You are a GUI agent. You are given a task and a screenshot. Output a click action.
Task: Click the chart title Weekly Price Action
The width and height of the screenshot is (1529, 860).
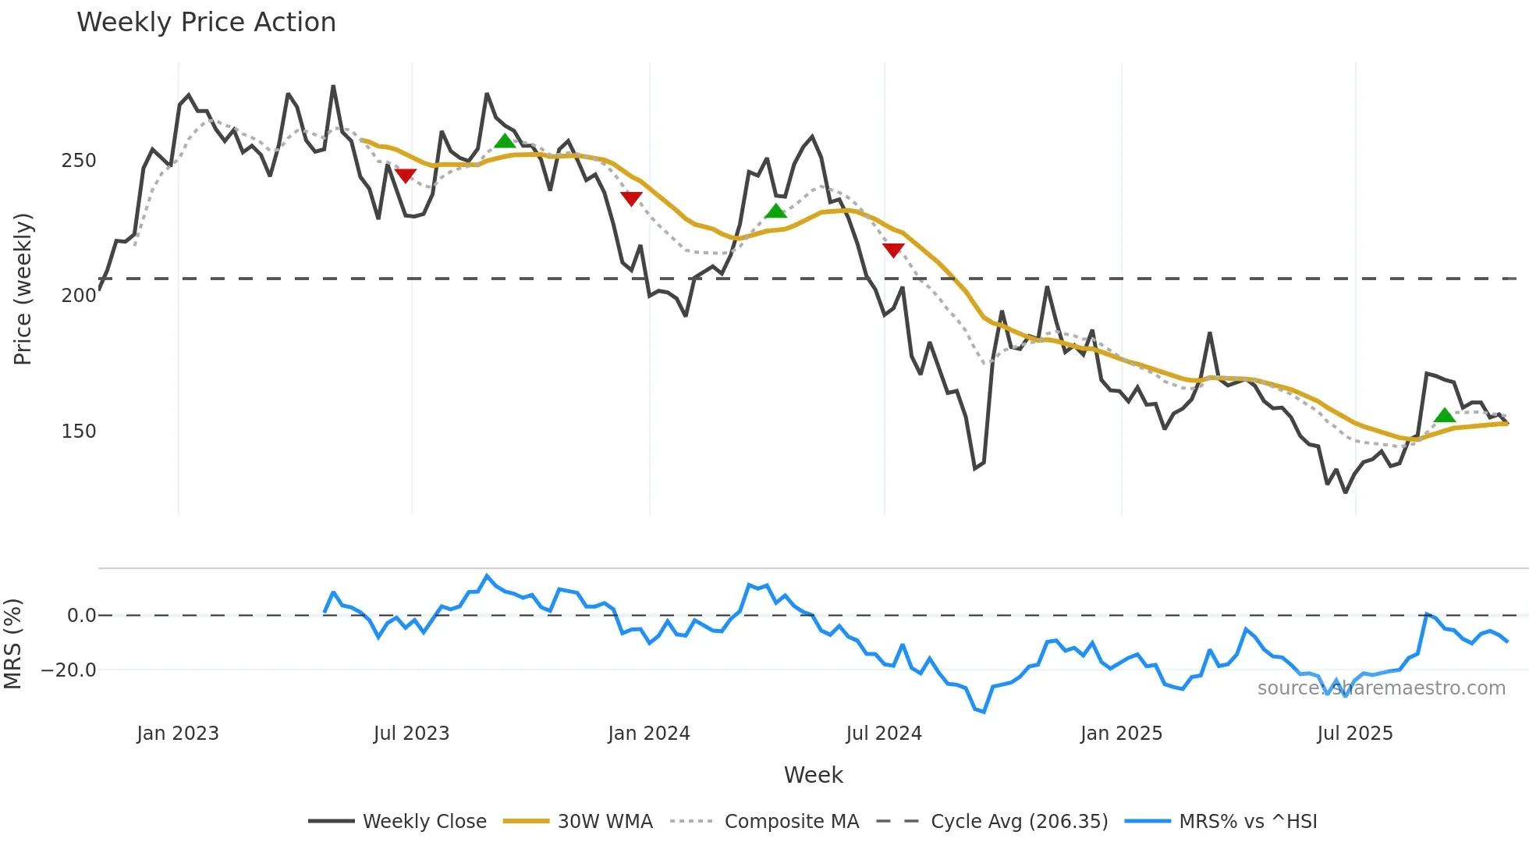point(206,23)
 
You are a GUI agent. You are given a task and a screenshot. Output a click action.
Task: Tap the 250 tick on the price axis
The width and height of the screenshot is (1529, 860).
point(79,161)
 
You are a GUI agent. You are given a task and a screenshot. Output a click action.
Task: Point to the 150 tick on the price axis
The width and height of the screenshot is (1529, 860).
point(79,432)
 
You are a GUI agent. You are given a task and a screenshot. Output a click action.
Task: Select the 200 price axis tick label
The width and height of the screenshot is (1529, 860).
point(79,296)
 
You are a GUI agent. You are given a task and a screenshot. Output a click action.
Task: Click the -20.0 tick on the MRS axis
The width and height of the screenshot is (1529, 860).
point(69,670)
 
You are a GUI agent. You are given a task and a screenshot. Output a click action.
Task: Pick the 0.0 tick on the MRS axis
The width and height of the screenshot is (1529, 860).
point(81,616)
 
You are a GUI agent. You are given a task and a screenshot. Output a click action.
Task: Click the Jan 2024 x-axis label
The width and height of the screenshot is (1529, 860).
point(649,734)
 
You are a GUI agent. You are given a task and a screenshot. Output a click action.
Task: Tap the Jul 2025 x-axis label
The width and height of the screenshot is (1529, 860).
point(1355,734)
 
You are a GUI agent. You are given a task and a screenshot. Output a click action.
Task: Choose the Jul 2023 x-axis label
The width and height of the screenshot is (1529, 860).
point(411,734)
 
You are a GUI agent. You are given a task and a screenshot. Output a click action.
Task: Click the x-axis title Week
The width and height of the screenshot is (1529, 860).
point(813,775)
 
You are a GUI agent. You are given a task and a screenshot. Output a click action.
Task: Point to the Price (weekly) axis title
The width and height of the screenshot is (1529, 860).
point(23,289)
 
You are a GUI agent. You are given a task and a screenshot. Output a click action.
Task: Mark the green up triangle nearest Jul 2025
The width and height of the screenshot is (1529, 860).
point(1445,415)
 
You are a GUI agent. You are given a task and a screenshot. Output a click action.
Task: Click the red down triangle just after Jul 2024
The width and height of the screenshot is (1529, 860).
point(893,250)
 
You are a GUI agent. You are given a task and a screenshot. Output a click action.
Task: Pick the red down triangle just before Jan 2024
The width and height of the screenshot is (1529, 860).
point(631,198)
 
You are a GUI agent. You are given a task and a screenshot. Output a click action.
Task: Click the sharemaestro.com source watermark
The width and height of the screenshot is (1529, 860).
point(1381,688)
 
